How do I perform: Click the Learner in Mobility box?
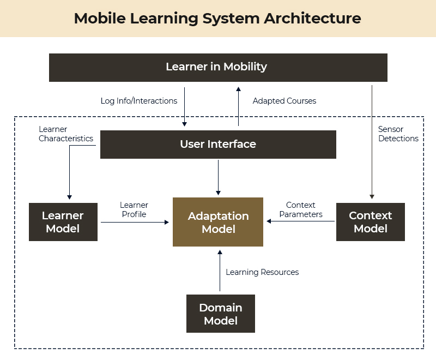pos(218,67)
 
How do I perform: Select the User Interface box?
pos(218,145)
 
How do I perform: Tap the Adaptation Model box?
pos(218,222)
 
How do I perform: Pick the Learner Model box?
pos(63,222)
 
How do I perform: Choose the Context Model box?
pos(371,222)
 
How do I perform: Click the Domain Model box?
pos(221,314)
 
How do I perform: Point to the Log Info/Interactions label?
pos(139,101)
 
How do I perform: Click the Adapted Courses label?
pos(284,101)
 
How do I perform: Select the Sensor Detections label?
pos(398,134)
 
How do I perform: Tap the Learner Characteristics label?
pos(66,134)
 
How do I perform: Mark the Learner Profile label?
pos(134,210)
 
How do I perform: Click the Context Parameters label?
pos(301,210)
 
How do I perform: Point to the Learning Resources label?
pos(262,272)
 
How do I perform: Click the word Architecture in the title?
pos(312,18)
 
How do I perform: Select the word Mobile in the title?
pos(99,18)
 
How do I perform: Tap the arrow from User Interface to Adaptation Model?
pos(218,177)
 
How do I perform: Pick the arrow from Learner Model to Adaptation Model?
pos(134,222)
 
